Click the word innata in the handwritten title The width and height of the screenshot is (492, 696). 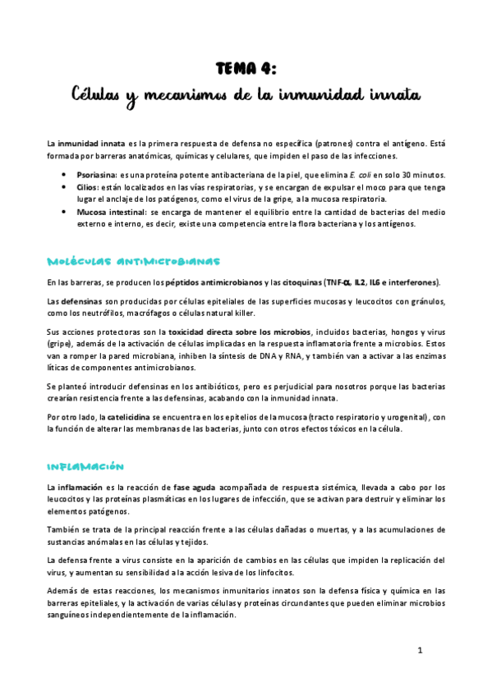tap(390, 96)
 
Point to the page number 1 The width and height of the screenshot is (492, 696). tap(420, 651)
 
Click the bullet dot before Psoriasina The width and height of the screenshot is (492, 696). tap(65, 175)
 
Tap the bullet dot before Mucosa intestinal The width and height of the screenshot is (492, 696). tap(65, 211)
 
